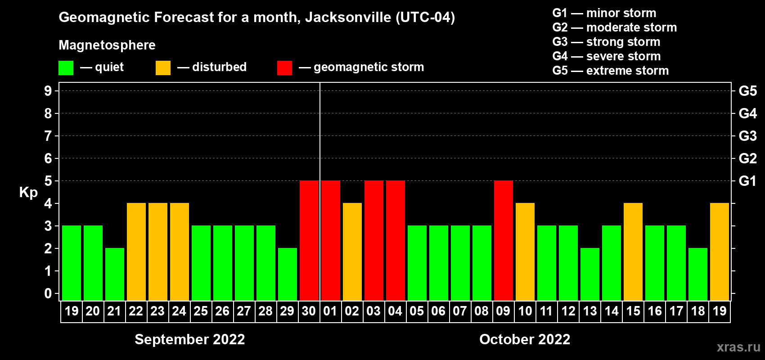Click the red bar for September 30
pyautogui.click(x=309, y=240)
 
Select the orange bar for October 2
pyautogui.click(x=352, y=252)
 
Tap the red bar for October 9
pyautogui.click(x=504, y=240)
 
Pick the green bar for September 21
pyautogui.click(x=115, y=274)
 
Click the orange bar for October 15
pyautogui.click(x=633, y=252)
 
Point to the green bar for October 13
pyautogui.click(x=590, y=274)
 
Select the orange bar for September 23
pyautogui.click(x=158, y=252)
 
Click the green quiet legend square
pyautogui.click(x=66, y=68)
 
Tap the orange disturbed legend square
pyautogui.click(x=163, y=68)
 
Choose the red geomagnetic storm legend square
pyautogui.click(x=284, y=68)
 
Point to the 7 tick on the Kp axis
pyautogui.click(x=48, y=136)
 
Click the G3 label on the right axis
pyautogui.click(x=747, y=136)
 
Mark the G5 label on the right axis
pyautogui.click(x=747, y=91)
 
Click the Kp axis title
pyautogui.click(x=28, y=193)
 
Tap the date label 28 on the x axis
pyautogui.click(x=265, y=311)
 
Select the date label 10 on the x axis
pyautogui.click(x=525, y=311)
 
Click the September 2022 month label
pyautogui.click(x=190, y=339)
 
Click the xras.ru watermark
pyautogui.click(x=738, y=347)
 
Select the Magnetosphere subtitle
pyautogui.click(x=107, y=45)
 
